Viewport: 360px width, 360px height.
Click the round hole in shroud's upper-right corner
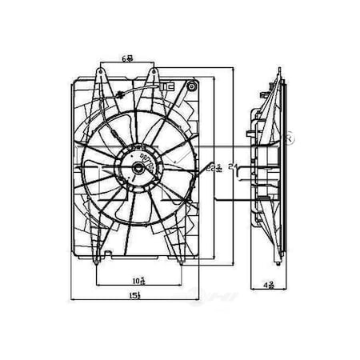pyautogui.click(x=192, y=84)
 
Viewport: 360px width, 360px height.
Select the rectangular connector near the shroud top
pyautogui.click(x=167, y=84)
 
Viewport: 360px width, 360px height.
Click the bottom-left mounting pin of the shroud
pyautogui.click(x=96, y=258)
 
